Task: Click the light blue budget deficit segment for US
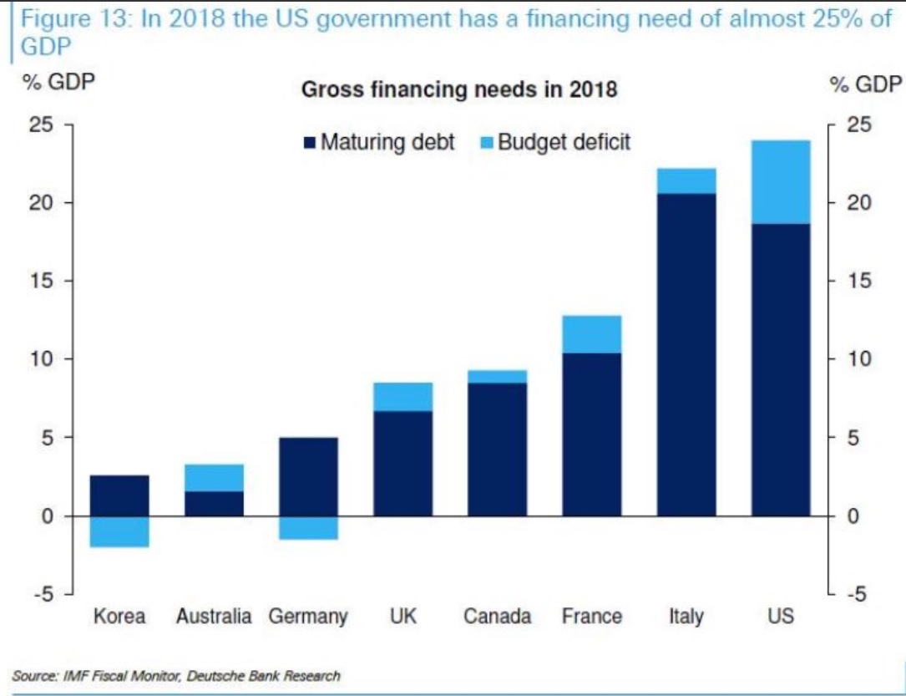point(781,181)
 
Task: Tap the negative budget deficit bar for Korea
point(119,531)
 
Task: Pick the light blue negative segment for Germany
point(308,527)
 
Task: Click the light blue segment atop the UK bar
point(402,397)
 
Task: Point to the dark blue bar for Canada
point(497,449)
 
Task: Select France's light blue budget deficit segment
point(591,334)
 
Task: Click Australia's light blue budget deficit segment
point(214,478)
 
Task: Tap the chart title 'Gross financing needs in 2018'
point(458,89)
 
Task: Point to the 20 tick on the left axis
point(42,203)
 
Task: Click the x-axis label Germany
point(308,617)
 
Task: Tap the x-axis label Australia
point(214,617)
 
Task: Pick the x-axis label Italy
point(686,617)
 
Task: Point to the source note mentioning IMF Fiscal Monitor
point(176,675)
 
